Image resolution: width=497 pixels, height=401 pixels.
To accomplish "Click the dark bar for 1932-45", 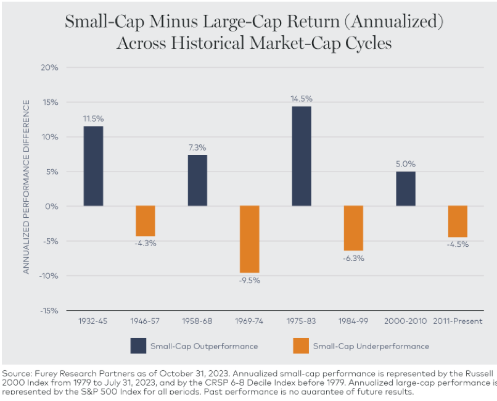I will pos(93,166).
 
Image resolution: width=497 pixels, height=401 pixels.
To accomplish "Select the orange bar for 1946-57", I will pos(146,221).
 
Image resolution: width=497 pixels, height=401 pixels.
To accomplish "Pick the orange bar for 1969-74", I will pos(250,239).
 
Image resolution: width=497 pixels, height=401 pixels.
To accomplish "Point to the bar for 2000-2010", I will pos(405,189).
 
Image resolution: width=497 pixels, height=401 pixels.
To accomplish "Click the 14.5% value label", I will pos(302,98).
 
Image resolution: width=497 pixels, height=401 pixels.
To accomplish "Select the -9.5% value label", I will pos(250,280).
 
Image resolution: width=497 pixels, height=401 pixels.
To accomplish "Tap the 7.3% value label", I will pos(197,147).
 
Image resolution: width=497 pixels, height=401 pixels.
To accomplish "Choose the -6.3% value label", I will pos(353,258).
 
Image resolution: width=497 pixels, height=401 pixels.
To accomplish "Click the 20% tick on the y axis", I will pos(49,67).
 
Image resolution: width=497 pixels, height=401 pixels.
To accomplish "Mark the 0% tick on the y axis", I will pos(51,206).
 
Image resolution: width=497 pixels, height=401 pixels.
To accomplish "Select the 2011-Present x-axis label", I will pos(457,321).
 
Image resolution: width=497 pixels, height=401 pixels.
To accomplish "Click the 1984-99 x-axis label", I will pos(353,321).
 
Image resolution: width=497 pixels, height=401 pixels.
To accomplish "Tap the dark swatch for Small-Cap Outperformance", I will pos(138,346).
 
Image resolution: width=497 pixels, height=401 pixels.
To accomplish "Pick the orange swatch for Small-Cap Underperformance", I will pos(300,346).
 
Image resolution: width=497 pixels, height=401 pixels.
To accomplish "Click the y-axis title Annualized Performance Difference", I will pos(27,189).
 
